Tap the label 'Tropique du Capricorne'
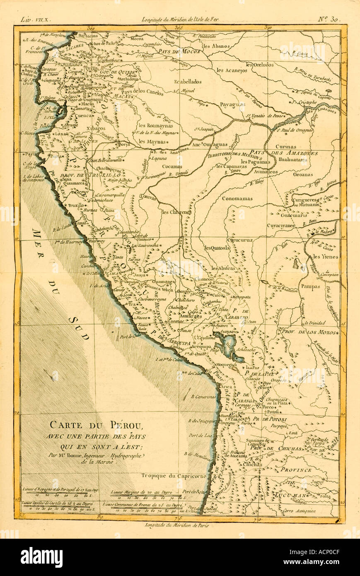[174, 476]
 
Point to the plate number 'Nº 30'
[329, 19]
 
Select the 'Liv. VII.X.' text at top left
[35, 19]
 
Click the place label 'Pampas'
[310, 286]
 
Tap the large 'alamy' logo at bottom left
[41, 557]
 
